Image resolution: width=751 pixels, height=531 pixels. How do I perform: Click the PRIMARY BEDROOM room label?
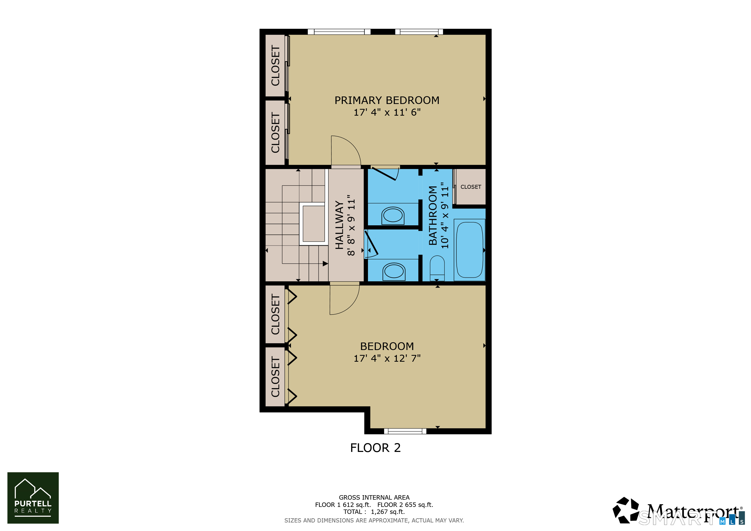tap(387, 100)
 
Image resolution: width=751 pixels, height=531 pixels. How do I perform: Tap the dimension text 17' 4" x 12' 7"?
tap(387, 358)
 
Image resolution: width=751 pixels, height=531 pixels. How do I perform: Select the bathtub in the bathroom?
tap(469, 250)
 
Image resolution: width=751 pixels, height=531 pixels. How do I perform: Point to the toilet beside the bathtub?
tap(437, 268)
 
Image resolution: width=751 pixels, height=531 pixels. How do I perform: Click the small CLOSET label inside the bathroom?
tap(470, 187)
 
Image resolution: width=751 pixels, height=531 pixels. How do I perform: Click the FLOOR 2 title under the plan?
tap(375, 448)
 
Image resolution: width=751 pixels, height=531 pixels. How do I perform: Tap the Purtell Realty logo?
tap(33, 498)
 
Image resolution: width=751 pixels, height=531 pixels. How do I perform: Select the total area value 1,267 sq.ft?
tap(388, 512)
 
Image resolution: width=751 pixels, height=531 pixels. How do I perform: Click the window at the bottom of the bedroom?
tap(405, 431)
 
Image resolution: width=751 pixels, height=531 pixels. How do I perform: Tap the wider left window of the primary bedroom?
tap(339, 32)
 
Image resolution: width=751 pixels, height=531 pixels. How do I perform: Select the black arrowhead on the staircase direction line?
tap(325, 263)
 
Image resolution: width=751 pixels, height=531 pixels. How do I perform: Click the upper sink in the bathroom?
tap(393, 215)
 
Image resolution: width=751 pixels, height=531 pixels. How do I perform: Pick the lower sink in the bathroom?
tap(394, 271)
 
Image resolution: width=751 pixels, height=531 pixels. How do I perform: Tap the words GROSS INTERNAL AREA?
tap(374, 497)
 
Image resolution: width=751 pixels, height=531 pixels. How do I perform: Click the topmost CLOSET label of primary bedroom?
tap(275, 65)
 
